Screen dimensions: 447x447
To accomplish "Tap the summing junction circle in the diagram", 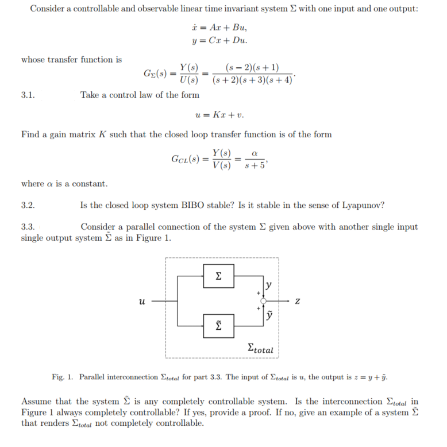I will click(x=263, y=301).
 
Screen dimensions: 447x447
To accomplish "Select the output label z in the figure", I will click(x=296, y=301).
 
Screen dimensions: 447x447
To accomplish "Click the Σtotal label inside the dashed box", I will click(x=260, y=348).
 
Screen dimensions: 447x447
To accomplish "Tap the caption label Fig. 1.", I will click(x=62, y=377).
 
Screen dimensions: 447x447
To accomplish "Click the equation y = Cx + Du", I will click(x=220, y=40).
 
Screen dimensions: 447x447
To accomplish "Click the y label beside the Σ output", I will click(x=269, y=285).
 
